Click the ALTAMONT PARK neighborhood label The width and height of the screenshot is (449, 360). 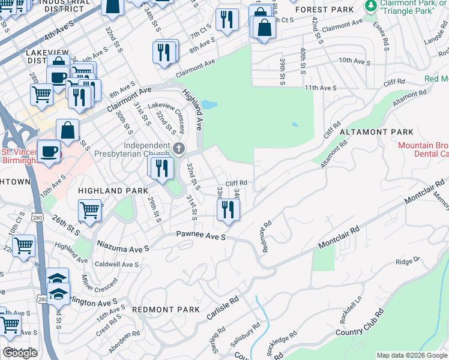pos(376,132)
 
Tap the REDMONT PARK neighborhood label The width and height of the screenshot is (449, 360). pos(165,310)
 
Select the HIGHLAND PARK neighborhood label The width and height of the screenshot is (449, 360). pos(113,190)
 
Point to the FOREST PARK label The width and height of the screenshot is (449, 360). pos(328,10)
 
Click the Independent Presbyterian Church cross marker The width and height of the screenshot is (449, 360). pos(178,148)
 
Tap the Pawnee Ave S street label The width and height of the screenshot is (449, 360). pos(200,238)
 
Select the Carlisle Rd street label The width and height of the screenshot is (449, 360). pos(225,307)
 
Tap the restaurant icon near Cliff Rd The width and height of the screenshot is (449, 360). pos(228,209)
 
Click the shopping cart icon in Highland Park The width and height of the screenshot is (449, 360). pos(89,211)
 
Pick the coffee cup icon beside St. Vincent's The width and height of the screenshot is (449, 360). pos(49,151)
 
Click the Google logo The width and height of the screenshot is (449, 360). pos(20,353)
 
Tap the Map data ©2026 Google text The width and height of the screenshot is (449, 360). pos(411,355)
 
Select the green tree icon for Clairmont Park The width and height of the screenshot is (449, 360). pos(370,5)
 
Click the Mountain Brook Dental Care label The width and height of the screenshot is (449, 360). pos(423,149)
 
